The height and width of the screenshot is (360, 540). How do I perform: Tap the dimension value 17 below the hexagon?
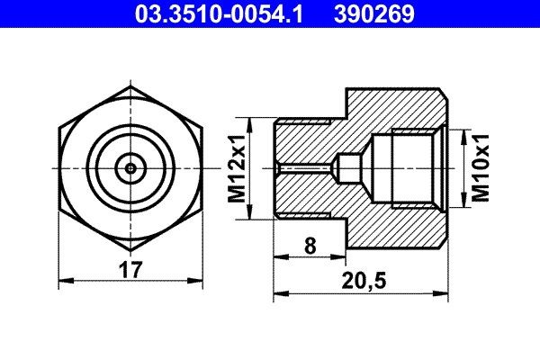pyautogui.click(x=130, y=267)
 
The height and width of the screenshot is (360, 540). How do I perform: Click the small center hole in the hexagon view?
pyautogui.click(x=131, y=167)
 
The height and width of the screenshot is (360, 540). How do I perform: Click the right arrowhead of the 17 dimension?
pyautogui.click(x=199, y=281)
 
